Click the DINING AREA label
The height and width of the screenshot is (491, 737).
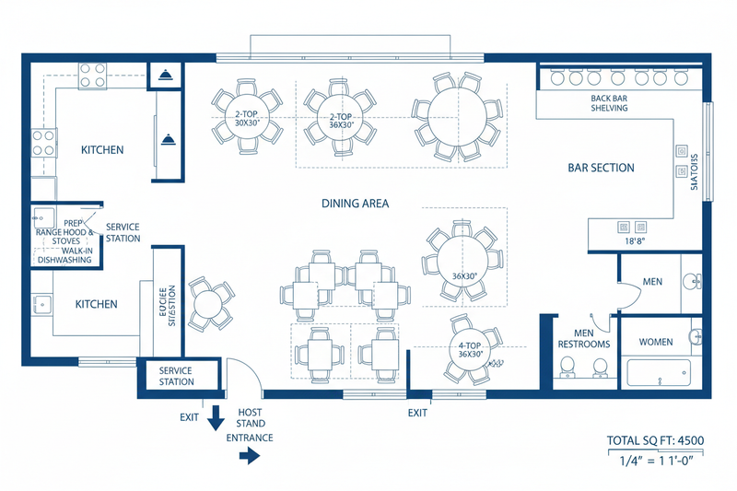(356, 203)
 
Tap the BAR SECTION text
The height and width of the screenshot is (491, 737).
(600, 168)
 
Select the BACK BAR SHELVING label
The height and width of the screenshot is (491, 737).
(609, 102)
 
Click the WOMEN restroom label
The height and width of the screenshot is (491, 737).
(656, 342)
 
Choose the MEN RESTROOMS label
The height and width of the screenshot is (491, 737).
(584, 338)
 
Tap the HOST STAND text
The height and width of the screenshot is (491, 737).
(252, 418)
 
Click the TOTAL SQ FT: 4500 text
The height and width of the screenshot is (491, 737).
(655, 440)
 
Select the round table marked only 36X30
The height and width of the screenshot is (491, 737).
(462, 263)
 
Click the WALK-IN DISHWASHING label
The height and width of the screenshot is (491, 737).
(64, 254)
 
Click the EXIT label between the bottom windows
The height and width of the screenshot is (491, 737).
(418, 413)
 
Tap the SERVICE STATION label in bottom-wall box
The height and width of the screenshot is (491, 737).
(176, 376)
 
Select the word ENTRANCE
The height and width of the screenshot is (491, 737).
(250, 438)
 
